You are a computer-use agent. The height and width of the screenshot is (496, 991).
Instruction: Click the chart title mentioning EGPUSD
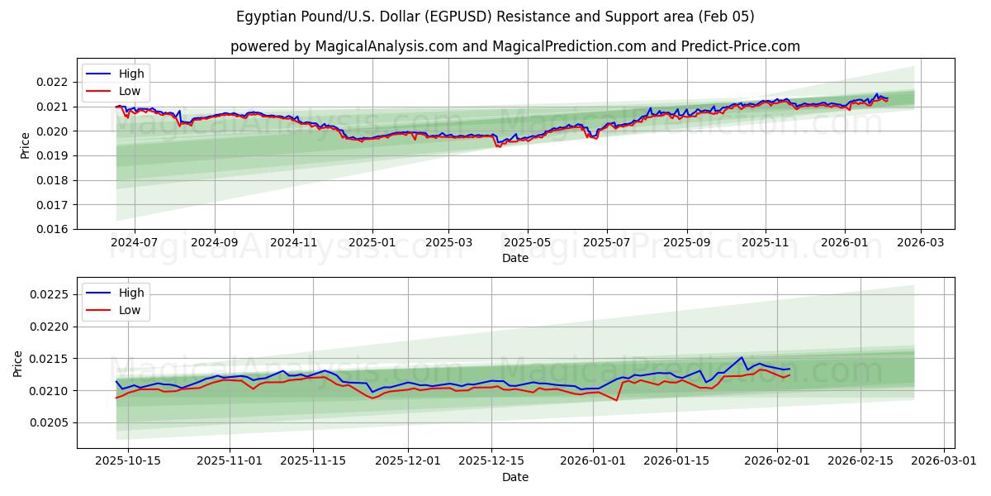[495, 17]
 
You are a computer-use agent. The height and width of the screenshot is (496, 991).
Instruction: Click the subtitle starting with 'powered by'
[514, 46]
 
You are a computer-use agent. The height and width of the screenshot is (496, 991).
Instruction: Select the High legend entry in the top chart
[130, 74]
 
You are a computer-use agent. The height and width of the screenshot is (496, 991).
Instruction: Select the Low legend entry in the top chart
[129, 91]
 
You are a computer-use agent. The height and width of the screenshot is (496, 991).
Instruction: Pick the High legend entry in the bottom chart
[130, 293]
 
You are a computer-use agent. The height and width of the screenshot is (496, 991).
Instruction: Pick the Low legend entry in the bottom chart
[129, 310]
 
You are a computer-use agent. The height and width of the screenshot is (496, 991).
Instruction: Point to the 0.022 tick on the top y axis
[53, 82]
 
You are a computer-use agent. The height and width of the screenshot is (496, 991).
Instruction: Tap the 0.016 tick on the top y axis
[53, 229]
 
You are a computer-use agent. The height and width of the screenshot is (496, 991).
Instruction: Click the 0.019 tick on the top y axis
[53, 155]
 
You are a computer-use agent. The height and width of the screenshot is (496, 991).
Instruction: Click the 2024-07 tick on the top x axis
[134, 243]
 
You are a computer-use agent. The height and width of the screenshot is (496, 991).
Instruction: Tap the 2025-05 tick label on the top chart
[527, 243]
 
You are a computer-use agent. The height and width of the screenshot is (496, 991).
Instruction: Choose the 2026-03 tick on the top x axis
[921, 243]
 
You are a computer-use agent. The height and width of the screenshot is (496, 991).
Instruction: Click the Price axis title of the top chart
[25, 145]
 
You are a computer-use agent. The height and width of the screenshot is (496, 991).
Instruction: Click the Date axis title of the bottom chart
[514, 477]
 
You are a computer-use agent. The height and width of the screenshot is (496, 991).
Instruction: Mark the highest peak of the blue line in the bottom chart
[742, 357]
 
